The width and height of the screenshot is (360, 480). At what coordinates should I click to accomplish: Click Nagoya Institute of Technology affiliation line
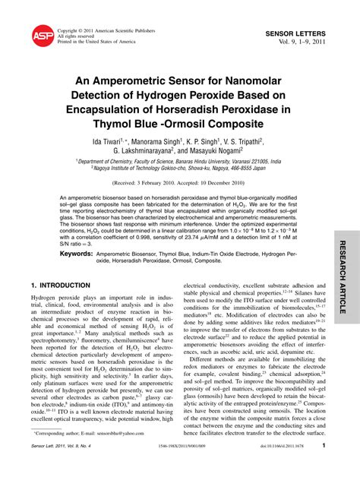[x=179, y=169]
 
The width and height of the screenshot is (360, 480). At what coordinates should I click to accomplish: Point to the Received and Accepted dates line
[x=180, y=184]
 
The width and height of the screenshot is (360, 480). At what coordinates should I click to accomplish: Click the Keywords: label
[x=76, y=252]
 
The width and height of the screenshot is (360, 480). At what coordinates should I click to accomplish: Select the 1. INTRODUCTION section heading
[x=60, y=285]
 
